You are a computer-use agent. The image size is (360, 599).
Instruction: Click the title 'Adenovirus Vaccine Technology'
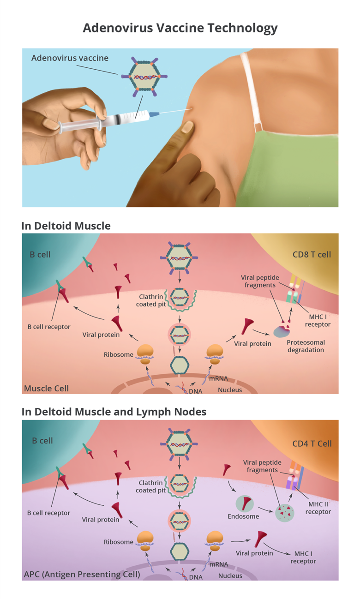(180, 28)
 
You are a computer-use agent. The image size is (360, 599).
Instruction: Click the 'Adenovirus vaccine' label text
(70, 58)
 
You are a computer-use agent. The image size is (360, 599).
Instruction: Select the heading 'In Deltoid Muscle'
(66, 226)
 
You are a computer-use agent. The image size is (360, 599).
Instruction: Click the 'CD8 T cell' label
(312, 254)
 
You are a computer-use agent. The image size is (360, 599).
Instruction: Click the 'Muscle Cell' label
(46, 388)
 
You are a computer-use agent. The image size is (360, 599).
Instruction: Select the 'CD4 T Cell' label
(312, 443)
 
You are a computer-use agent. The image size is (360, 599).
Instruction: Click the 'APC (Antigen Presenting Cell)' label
(82, 575)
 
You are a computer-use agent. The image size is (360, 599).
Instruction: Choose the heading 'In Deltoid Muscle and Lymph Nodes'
(114, 412)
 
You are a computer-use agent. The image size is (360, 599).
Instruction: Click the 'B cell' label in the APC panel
(42, 440)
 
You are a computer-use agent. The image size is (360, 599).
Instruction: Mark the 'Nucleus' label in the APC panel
(230, 575)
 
